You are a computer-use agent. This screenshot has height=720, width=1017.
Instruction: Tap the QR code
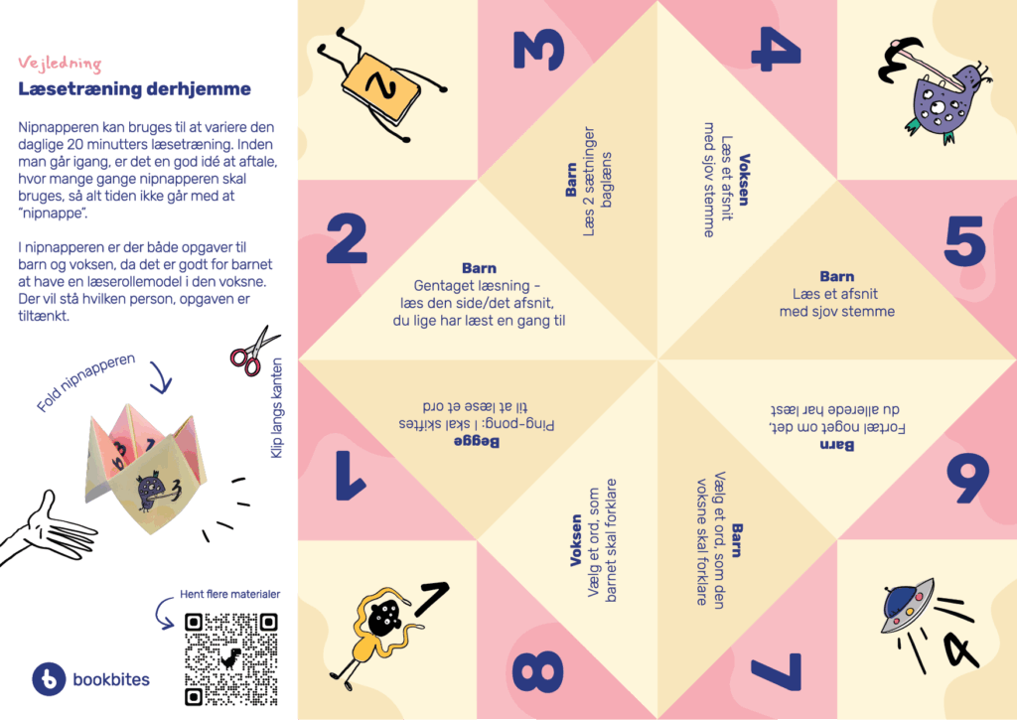tap(230, 659)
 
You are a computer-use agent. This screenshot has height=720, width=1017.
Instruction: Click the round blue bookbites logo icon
tap(49, 679)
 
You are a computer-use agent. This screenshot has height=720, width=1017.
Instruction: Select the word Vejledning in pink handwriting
tap(60, 63)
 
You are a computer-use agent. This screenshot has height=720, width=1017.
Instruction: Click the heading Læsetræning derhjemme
tap(134, 88)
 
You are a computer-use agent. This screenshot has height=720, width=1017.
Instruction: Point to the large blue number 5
tap(965, 240)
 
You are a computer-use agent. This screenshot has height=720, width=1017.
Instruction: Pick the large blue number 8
tap(537, 672)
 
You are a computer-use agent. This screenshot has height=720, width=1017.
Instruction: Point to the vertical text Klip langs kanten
tap(276, 408)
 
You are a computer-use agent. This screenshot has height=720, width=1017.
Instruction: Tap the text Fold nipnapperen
tap(85, 382)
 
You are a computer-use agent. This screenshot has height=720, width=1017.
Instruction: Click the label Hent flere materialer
tap(229, 594)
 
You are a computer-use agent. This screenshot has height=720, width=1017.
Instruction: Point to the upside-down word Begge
tap(477, 442)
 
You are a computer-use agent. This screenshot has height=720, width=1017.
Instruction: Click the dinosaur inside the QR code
tap(230, 659)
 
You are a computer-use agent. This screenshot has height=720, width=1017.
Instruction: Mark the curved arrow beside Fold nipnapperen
tap(161, 377)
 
